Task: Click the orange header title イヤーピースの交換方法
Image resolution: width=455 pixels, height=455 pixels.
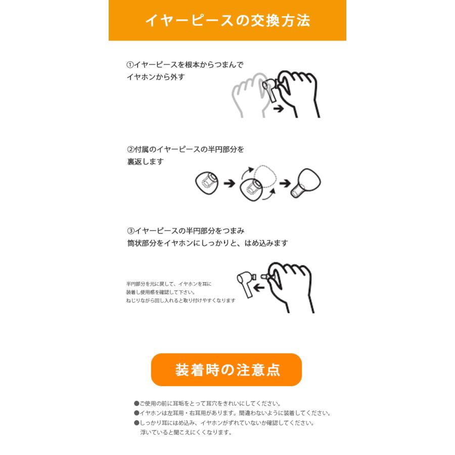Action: [227, 20]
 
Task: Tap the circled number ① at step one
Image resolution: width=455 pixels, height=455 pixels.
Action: [130, 65]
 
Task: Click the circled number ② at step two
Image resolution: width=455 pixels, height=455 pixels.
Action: [130, 150]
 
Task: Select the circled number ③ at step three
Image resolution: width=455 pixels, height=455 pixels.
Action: [130, 231]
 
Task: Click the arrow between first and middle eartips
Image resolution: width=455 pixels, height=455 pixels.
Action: [229, 183]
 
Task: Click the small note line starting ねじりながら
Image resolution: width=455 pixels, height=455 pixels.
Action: [180, 300]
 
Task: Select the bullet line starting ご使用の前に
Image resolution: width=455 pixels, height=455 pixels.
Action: [207, 403]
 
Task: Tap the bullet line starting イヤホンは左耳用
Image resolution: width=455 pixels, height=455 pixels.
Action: [232, 413]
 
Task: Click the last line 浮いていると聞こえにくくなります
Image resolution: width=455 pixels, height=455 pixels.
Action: [186, 432]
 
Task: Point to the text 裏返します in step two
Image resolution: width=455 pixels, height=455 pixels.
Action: [145, 162]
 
